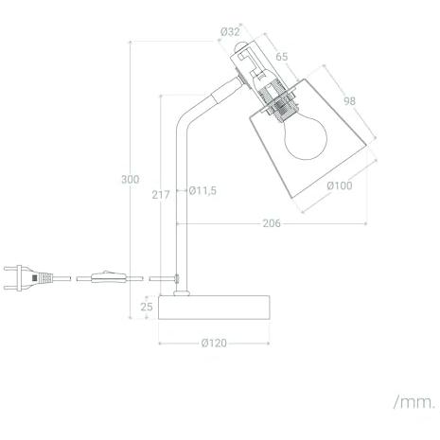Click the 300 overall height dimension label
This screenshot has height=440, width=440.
pyautogui.click(x=131, y=180)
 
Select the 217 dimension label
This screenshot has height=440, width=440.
pyautogui.click(x=161, y=195)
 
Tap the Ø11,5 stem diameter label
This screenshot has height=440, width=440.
pyautogui.click(x=202, y=190)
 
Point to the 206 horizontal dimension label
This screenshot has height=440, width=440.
pyautogui.click(x=272, y=223)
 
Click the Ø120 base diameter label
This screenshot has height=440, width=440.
pyautogui.click(x=214, y=343)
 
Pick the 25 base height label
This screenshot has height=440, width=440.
pyautogui.click(x=147, y=307)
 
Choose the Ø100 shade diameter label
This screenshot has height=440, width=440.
pyautogui.click(x=340, y=185)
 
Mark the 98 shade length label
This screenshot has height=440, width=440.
pyautogui.click(x=349, y=101)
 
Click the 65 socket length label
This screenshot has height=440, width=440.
pyautogui.click(x=282, y=57)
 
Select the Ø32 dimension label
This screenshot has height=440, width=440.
pyautogui.click(x=230, y=31)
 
